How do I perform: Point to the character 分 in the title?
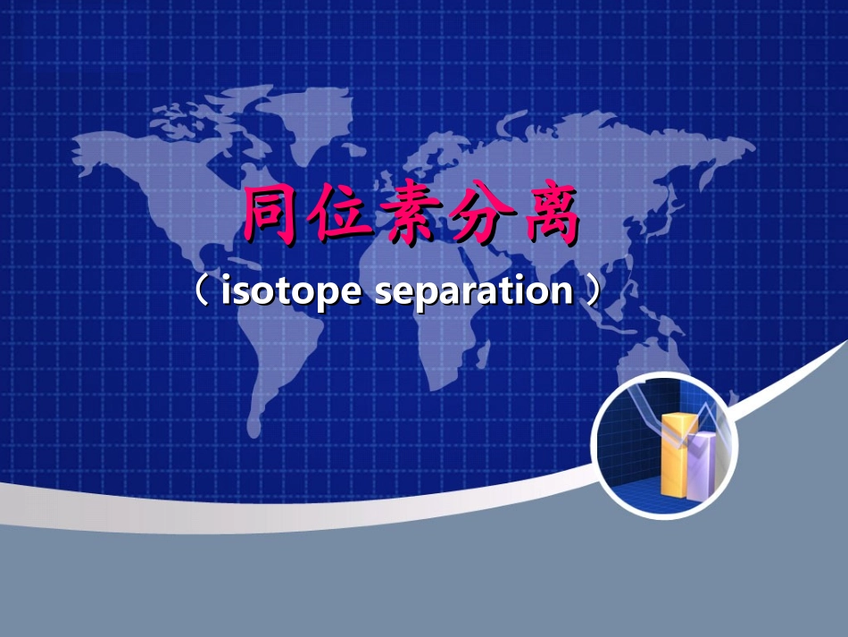tap(481, 215)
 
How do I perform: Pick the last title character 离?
tap(552, 215)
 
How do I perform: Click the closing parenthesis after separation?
tap(592, 291)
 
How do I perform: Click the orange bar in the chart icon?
tap(675, 456)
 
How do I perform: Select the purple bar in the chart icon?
tap(703, 465)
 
